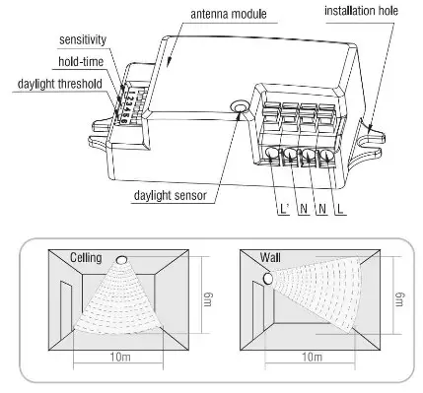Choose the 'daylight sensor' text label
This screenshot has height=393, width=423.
171,194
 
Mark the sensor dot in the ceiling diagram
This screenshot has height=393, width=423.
121,260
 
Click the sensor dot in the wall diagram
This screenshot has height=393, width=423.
266,279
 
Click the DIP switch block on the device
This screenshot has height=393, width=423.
125,99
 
